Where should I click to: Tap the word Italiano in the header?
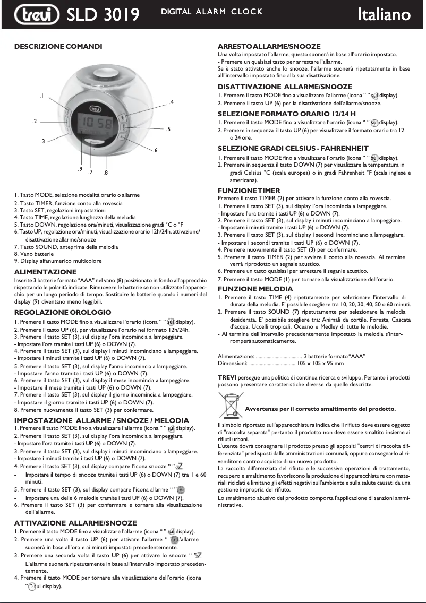point(384,14)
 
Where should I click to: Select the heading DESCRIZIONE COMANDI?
point(58,47)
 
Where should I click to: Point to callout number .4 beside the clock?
point(171,101)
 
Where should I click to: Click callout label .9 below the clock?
point(80,169)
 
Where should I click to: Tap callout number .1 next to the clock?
point(41,96)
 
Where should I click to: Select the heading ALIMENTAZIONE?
point(45,272)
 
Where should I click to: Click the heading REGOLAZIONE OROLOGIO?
point(63,312)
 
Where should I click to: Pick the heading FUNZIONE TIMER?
point(249,190)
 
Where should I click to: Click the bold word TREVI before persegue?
point(227,377)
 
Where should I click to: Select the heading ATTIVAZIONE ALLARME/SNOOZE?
point(75,523)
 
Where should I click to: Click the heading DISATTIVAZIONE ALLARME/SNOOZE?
point(284,87)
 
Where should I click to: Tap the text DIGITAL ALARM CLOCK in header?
point(212,12)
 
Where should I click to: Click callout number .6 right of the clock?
point(155,151)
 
